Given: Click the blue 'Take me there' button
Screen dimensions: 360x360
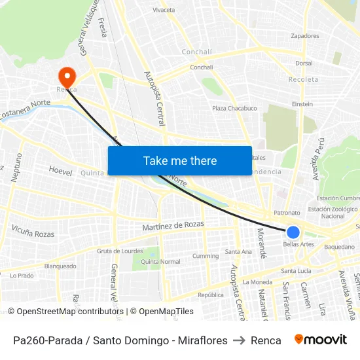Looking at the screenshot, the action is (x=180, y=160).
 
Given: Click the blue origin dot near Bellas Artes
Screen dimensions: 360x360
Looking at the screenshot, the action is (x=293, y=232).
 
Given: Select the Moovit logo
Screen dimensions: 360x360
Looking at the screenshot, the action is (x=321, y=340).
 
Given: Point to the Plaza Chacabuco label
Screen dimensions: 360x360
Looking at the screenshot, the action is (x=234, y=109).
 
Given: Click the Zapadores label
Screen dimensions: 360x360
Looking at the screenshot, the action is (x=304, y=36).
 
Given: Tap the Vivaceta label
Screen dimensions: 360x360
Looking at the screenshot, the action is (x=164, y=10).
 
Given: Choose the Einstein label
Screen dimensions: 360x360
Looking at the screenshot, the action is (x=302, y=104).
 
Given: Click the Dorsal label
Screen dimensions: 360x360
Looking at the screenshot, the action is (x=304, y=63).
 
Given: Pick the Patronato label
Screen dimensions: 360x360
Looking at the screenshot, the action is (x=287, y=213).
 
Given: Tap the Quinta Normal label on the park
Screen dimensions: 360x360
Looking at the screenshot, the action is (x=160, y=261).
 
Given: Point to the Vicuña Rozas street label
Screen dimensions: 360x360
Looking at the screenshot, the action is (x=33, y=230).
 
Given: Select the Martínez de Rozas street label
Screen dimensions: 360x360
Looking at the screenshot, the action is (x=173, y=226).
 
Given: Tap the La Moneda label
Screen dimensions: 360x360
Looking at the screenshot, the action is (x=257, y=282).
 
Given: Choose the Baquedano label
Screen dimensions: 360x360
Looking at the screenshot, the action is (x=339, y=247).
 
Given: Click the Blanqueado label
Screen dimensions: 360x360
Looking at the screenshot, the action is (x=60, y=266).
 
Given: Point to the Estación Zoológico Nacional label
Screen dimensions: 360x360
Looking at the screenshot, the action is (x=334, y=212).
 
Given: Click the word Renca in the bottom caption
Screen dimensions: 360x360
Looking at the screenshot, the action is (x=266, y=340).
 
